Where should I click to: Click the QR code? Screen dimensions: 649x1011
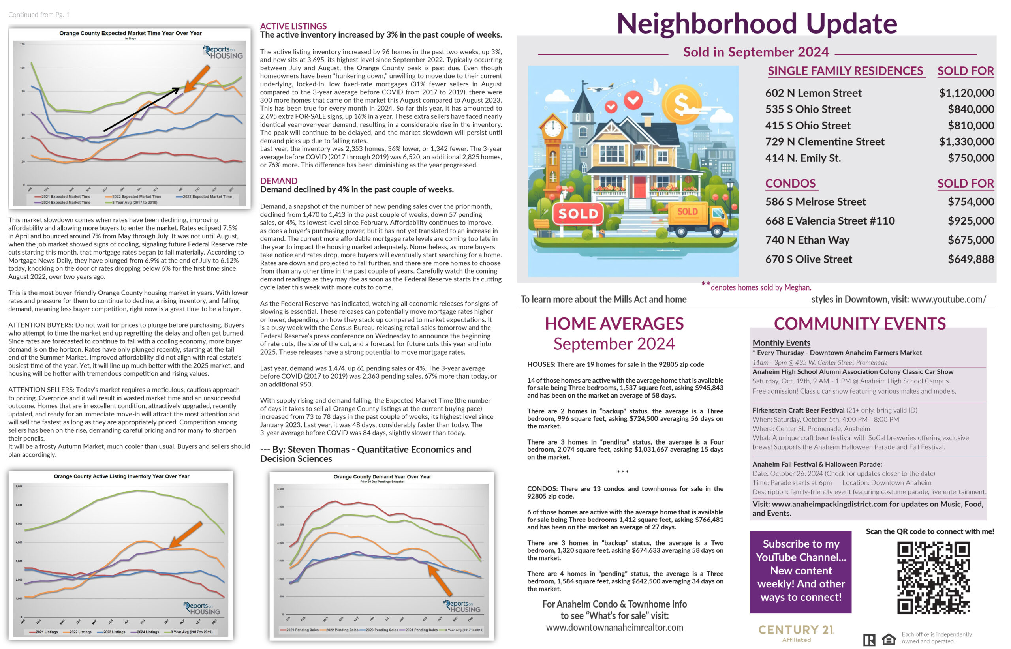click(x=933, y=578)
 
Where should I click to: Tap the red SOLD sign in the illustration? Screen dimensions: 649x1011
click(x=578, y=214)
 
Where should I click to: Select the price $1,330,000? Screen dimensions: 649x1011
click(x=966, y=142)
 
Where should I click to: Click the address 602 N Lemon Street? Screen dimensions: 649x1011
click(x=813, y=93)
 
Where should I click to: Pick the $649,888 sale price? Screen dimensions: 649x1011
click(x=971, y=259)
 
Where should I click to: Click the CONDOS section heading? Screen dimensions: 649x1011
click(x=790, y=183)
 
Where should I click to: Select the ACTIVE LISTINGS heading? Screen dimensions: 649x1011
click(x=293, y=26)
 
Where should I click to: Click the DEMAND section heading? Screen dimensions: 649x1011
click(x=279, y=181)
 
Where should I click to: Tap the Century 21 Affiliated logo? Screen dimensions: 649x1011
click(x=796, y=632)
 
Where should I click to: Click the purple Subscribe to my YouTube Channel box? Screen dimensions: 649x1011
click(x=800, y=571)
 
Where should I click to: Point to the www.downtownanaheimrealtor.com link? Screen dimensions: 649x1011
click(x=614, y=628)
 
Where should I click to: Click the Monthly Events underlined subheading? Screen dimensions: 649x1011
click(x=781, y=343)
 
